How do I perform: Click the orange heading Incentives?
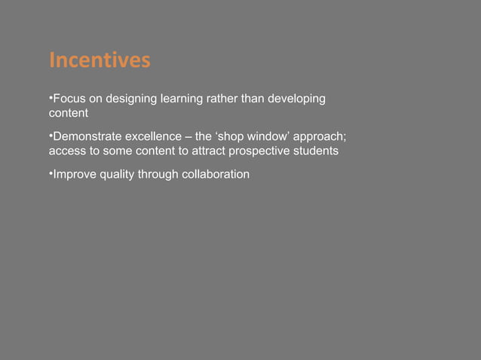pos(99,60)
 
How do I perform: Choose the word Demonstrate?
pos(84,138)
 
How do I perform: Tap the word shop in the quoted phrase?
pos(233,138)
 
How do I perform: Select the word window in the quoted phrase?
pos(268,138)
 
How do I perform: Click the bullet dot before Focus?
pos(50,98)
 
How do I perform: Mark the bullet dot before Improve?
pos(50,173)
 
